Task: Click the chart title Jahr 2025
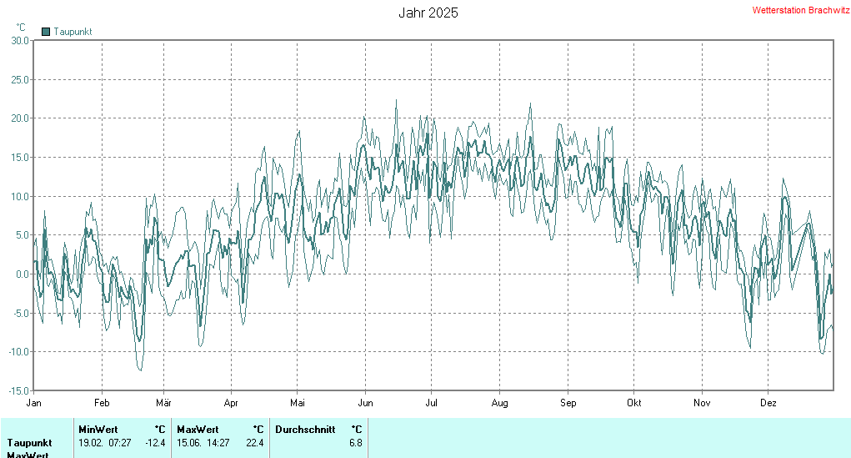coord(428,13)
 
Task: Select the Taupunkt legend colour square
coord(46,32)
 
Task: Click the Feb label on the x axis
coord(102,402)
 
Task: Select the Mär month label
coord(163,402)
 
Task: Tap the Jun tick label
coord(365,402)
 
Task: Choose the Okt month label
coord(634,402)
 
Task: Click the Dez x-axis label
coord(768,402)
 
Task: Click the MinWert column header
coord(98,430)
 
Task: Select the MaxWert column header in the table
coord(197,430)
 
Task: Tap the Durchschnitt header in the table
coord(305,430)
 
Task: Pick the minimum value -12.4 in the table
coord(155,443)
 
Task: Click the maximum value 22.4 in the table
coord(254,443)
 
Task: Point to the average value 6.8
coord(356,443)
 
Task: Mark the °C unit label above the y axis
coord(21,28)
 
